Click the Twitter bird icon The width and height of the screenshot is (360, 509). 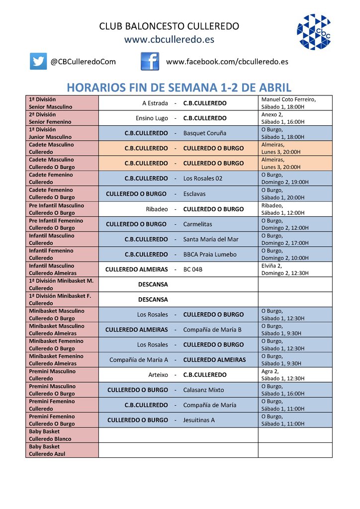[38, 61]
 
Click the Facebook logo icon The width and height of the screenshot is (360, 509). [150, 61]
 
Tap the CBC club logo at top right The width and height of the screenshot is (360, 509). [314, 31]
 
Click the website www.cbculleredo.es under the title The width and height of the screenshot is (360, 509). [169, 39]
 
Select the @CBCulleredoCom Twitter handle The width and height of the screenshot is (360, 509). [83, 62]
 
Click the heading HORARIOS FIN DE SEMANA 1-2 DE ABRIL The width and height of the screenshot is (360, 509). [179, 87]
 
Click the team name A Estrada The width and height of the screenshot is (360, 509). [155, 103]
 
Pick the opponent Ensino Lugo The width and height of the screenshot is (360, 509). [152, 118]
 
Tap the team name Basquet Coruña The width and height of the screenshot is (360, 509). [204, 133]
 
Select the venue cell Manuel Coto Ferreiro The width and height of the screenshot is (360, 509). [294, 103]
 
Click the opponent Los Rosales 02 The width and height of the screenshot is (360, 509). [203, 178]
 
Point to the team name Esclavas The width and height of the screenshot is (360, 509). [194, 194]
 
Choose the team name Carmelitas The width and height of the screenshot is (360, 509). [197, 224]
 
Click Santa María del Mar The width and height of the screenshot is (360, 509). [211, 239]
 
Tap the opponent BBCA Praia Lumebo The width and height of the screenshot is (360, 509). [210, 254]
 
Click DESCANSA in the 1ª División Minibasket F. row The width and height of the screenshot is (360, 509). [153, 300]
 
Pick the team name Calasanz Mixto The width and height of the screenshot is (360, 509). [203, 390]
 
